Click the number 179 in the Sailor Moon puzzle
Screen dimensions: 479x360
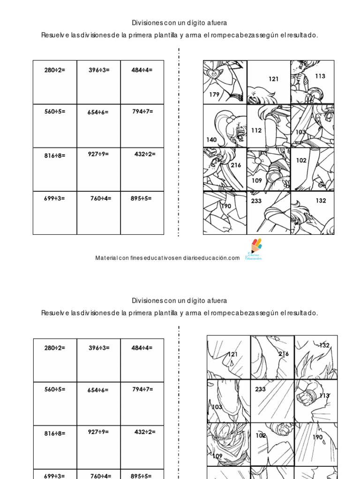[214, 94]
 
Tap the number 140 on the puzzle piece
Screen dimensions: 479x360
[211, 139]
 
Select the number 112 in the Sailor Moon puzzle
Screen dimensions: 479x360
[256, 131]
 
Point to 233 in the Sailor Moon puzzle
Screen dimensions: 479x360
[256, 201]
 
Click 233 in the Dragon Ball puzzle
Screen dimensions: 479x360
[260, 389]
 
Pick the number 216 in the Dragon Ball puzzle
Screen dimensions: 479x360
[284, 354]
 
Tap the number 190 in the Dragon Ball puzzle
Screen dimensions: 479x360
[317, 437]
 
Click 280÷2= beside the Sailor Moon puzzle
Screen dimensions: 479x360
[55, 70]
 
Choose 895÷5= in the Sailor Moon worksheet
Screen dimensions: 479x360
[141, 198]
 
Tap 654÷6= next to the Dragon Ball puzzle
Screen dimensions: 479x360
[97, 390]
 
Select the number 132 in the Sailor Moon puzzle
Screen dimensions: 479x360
[321, 200]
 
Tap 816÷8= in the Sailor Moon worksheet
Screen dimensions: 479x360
[55, 156]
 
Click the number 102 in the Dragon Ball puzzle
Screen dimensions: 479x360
[261, 435]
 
